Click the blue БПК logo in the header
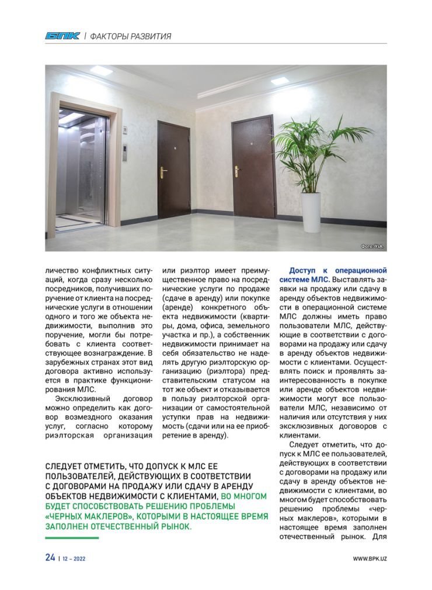click(62, 36)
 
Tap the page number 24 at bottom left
click(50, 557)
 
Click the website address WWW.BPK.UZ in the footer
click(370, 558)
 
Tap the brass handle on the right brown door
click(236, 171)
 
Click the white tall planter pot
click(311, 212)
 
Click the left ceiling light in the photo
click(102, 70)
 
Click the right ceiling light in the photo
click(280, 81)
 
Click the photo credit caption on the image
click(372, 246)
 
